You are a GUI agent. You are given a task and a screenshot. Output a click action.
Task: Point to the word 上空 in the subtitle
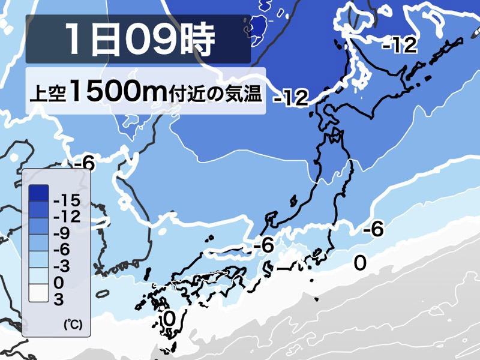[47, 94]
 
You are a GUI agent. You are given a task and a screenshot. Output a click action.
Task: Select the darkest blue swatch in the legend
[38, 192]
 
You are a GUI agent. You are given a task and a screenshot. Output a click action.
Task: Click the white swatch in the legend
[38, 293]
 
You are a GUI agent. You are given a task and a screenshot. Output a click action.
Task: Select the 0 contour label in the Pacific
[359, 263]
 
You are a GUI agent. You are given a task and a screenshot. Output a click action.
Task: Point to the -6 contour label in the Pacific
[374, 229]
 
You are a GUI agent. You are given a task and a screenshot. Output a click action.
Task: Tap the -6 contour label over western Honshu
[264, 245]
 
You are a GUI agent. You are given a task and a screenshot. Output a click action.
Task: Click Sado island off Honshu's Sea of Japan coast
[293, 201]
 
